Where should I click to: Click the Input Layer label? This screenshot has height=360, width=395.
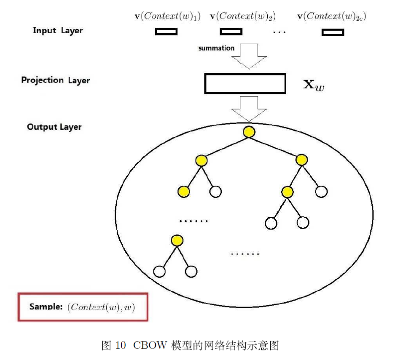click(58, 31)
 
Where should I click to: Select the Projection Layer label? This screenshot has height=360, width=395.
click(56, 80)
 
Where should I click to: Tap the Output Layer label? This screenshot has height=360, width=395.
click(54, 127)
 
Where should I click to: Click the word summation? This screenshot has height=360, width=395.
click(216, 48)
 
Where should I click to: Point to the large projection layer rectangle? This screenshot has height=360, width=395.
click(245, 83)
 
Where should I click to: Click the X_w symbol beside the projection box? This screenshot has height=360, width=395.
click(314, 85)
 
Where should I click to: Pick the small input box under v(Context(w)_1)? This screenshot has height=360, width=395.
click(166, 32)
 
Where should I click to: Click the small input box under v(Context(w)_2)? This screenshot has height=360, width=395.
click(231, 32)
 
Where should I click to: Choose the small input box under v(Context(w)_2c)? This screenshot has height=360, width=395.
click(333, 32)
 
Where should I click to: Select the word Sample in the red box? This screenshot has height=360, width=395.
click(46, 307)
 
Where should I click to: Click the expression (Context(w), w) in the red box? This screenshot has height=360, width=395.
click(101, 307)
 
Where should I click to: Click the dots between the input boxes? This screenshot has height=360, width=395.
click(279, 32)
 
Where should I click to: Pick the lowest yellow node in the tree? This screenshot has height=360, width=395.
click(177, 241)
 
